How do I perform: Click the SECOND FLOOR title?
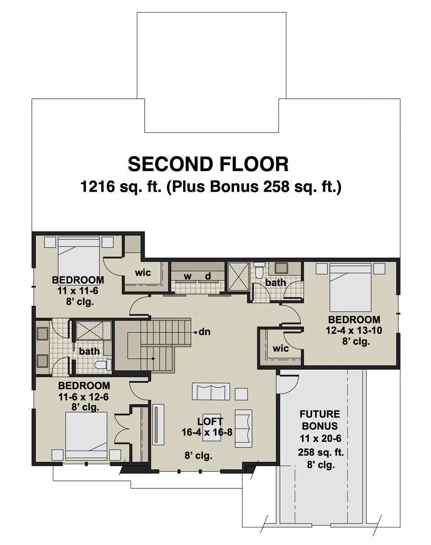[x=208, y=164]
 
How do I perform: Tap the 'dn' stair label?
[x=205, y=332]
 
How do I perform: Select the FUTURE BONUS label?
[x=320, y=420]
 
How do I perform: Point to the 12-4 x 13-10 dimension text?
[x=354, y=330]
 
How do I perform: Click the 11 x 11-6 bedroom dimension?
[x=78, y=291]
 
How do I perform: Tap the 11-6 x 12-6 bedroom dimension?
[x=84, y=397]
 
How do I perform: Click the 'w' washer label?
[x=188, y=277]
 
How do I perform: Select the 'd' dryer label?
[x=208, y=276]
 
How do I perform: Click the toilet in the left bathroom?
[x=103, y=365]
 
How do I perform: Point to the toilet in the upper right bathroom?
[x=259, y=270]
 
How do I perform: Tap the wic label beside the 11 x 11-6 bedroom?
[x=143, y=273]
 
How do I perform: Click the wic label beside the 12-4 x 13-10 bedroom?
[x=281, y=349]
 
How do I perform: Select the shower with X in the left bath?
[x=94, y=331]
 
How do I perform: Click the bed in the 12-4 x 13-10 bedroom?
[x=351, y=287]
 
